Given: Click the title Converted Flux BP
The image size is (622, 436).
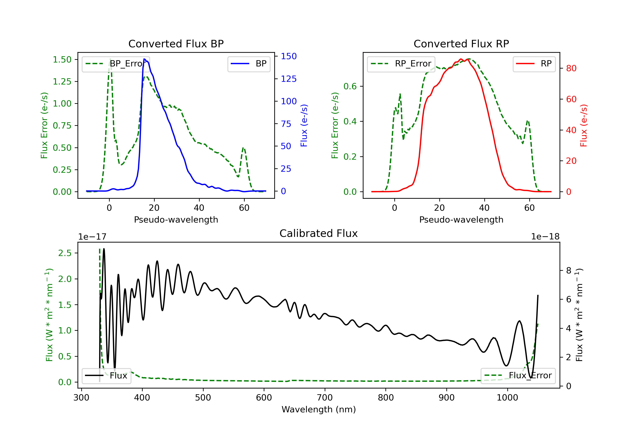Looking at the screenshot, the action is (176, 44).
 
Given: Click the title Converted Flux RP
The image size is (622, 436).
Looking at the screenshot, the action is (461, 44).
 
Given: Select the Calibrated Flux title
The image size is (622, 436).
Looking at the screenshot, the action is (319, 233).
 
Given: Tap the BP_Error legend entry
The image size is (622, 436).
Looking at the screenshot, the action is (116, 64).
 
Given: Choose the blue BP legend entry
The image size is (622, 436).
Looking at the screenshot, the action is (249, 64).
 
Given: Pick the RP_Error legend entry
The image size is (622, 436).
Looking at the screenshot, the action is (401, 64).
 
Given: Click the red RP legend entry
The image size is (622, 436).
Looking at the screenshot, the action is (534, 64).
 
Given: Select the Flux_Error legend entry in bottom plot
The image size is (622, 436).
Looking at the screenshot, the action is (518, 376).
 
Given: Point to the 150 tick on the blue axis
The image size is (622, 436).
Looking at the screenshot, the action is (289, 56).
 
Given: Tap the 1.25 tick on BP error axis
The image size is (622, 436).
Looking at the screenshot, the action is (62, 81).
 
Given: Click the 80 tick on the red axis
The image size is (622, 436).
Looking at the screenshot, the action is (571, 68).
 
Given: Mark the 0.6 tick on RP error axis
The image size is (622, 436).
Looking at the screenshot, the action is (350, 86).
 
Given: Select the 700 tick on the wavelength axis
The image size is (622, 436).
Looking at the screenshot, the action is (324, 398).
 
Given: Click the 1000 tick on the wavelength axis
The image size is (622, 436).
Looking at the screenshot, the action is (507, 398).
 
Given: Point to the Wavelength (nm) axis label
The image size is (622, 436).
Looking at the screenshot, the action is (319, 409).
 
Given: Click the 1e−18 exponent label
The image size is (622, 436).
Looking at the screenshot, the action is (545, 237).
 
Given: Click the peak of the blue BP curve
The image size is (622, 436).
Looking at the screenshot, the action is (144, 59).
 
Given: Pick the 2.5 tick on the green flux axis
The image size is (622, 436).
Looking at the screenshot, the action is (65, 253).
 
